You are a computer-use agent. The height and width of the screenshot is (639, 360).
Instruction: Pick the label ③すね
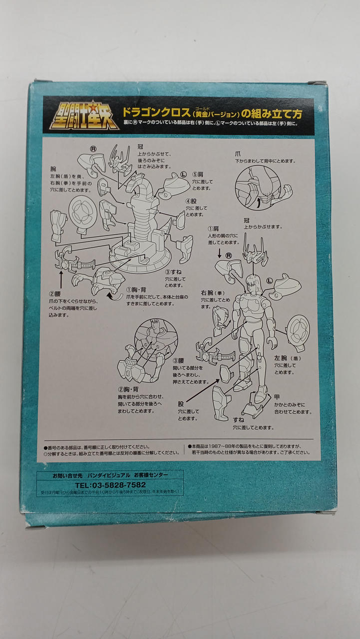(x=175, y=273)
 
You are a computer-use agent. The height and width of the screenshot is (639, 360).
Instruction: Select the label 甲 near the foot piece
(x=277, y=397)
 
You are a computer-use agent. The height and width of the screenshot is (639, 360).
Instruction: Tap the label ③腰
(x=179, y=360)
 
